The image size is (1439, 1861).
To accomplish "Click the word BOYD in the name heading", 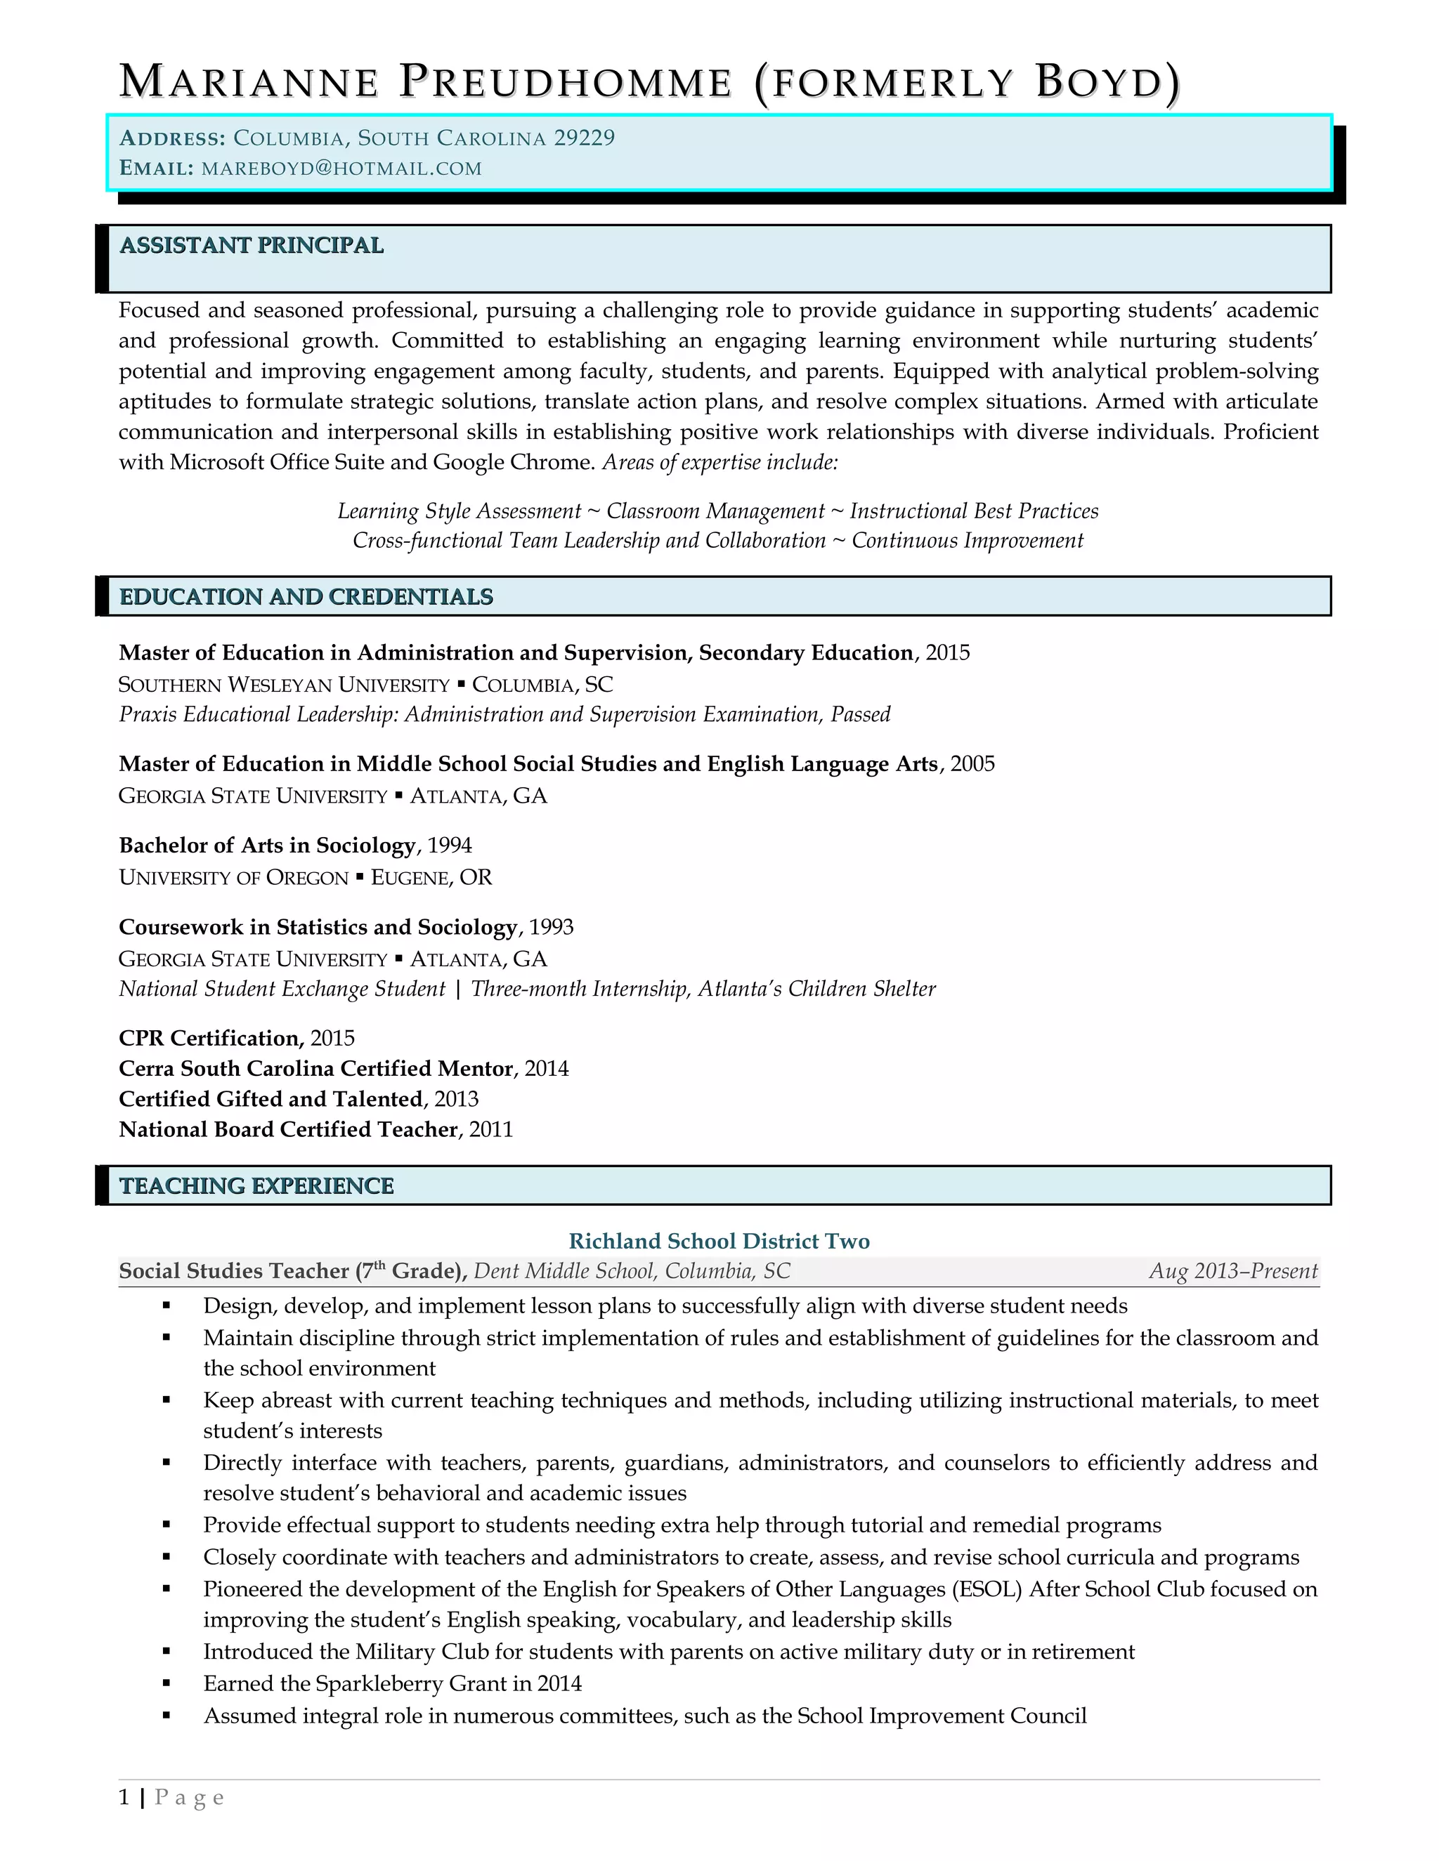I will coord(1100,83).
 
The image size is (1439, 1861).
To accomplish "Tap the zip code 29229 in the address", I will coord(584,138).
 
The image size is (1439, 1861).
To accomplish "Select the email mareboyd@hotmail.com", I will coord(341,169).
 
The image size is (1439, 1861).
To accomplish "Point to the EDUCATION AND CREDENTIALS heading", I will coord(306,596).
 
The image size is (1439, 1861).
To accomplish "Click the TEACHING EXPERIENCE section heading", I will coord(256,1186).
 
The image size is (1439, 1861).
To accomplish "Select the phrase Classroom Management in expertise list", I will coord(715,511).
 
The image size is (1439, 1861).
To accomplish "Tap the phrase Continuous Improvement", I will coord(968,541).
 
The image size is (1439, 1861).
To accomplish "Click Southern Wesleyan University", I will coord(284,685).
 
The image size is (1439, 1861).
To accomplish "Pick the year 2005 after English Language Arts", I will coord(972,763).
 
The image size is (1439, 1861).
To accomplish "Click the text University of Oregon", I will coord(233,878).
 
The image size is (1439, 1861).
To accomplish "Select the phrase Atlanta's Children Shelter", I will coord(816,989).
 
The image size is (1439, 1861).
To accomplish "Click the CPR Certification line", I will coord(236,1038).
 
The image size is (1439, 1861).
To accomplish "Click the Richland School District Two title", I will coord(719,1241).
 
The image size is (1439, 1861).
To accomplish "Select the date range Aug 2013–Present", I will coord(1232,1271).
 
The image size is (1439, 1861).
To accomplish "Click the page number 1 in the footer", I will coord(124,1798).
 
